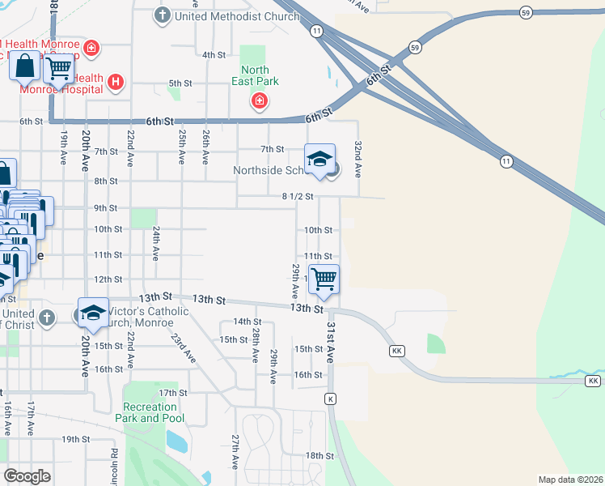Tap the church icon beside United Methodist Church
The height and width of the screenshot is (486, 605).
click(162, 15)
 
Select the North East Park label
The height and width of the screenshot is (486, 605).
click(255, 75)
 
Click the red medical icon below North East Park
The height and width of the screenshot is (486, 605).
click(260, 101)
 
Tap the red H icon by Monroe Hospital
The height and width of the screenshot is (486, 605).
click(116, 81)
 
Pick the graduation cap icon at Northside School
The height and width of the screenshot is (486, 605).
click(319, 157)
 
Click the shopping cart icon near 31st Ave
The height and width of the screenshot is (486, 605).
click(324, 279)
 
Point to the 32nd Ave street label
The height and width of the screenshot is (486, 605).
click(357, 159)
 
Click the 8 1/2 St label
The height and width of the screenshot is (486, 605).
click(297, 196)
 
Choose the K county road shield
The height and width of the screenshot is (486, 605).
click(330, 399)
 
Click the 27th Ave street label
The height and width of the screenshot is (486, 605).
click(235, 451)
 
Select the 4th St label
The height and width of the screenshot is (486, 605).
click(214, 55)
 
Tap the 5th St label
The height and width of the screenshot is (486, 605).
click(180, 83)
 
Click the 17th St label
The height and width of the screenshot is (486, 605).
click(167, 393)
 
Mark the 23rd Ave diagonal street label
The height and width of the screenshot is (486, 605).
click(184, 344)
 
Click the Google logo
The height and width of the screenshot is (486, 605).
click(27, 475)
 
